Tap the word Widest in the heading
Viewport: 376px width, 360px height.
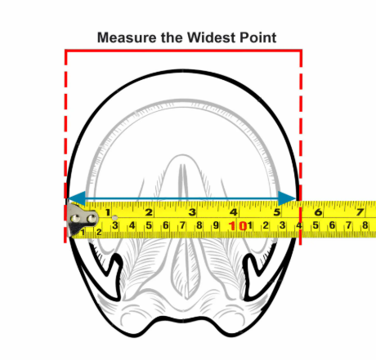pyautogui.click(x=212, y=38)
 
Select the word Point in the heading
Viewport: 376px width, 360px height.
pyautogui.click(x=258, y=38)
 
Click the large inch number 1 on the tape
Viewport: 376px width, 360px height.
pyautogui.click(x=108, y=212)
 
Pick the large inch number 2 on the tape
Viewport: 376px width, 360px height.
pyautogui.click(x=149, y=212)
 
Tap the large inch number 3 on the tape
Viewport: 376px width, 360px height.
pyautogui.click(x=192, y=212)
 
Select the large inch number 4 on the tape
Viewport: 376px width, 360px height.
pyautogui.click(x=234, y=212)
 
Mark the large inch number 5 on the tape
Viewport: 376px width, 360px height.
pyautogui.click(x=277, y=212)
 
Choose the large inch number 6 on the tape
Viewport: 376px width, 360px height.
pyautogui.click(x=318, y=212)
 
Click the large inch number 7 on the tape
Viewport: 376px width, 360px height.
pyautogui.click(x=360, y=212)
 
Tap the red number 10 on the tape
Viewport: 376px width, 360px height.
pyautogui.click(x=238, y=226)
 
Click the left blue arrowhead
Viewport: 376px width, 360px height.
pyautogui.click(x=77, y=198)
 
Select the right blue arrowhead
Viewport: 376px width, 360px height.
pyautogui.click(x=287, y=198)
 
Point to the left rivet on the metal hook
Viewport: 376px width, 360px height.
pyautogui.click(x=75, y=219)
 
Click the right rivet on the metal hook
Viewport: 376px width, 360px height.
pyautogui.click(x=92, y=219)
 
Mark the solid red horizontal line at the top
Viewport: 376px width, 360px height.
pyautogui.click(x=183, y=51)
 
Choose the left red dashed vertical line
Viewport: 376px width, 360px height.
pyautogui.click(x=65, y=146)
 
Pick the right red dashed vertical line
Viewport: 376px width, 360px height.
pyautogui.click(x=301, y=148)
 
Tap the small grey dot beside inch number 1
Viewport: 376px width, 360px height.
pyautogui.click(x=115, y=218)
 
